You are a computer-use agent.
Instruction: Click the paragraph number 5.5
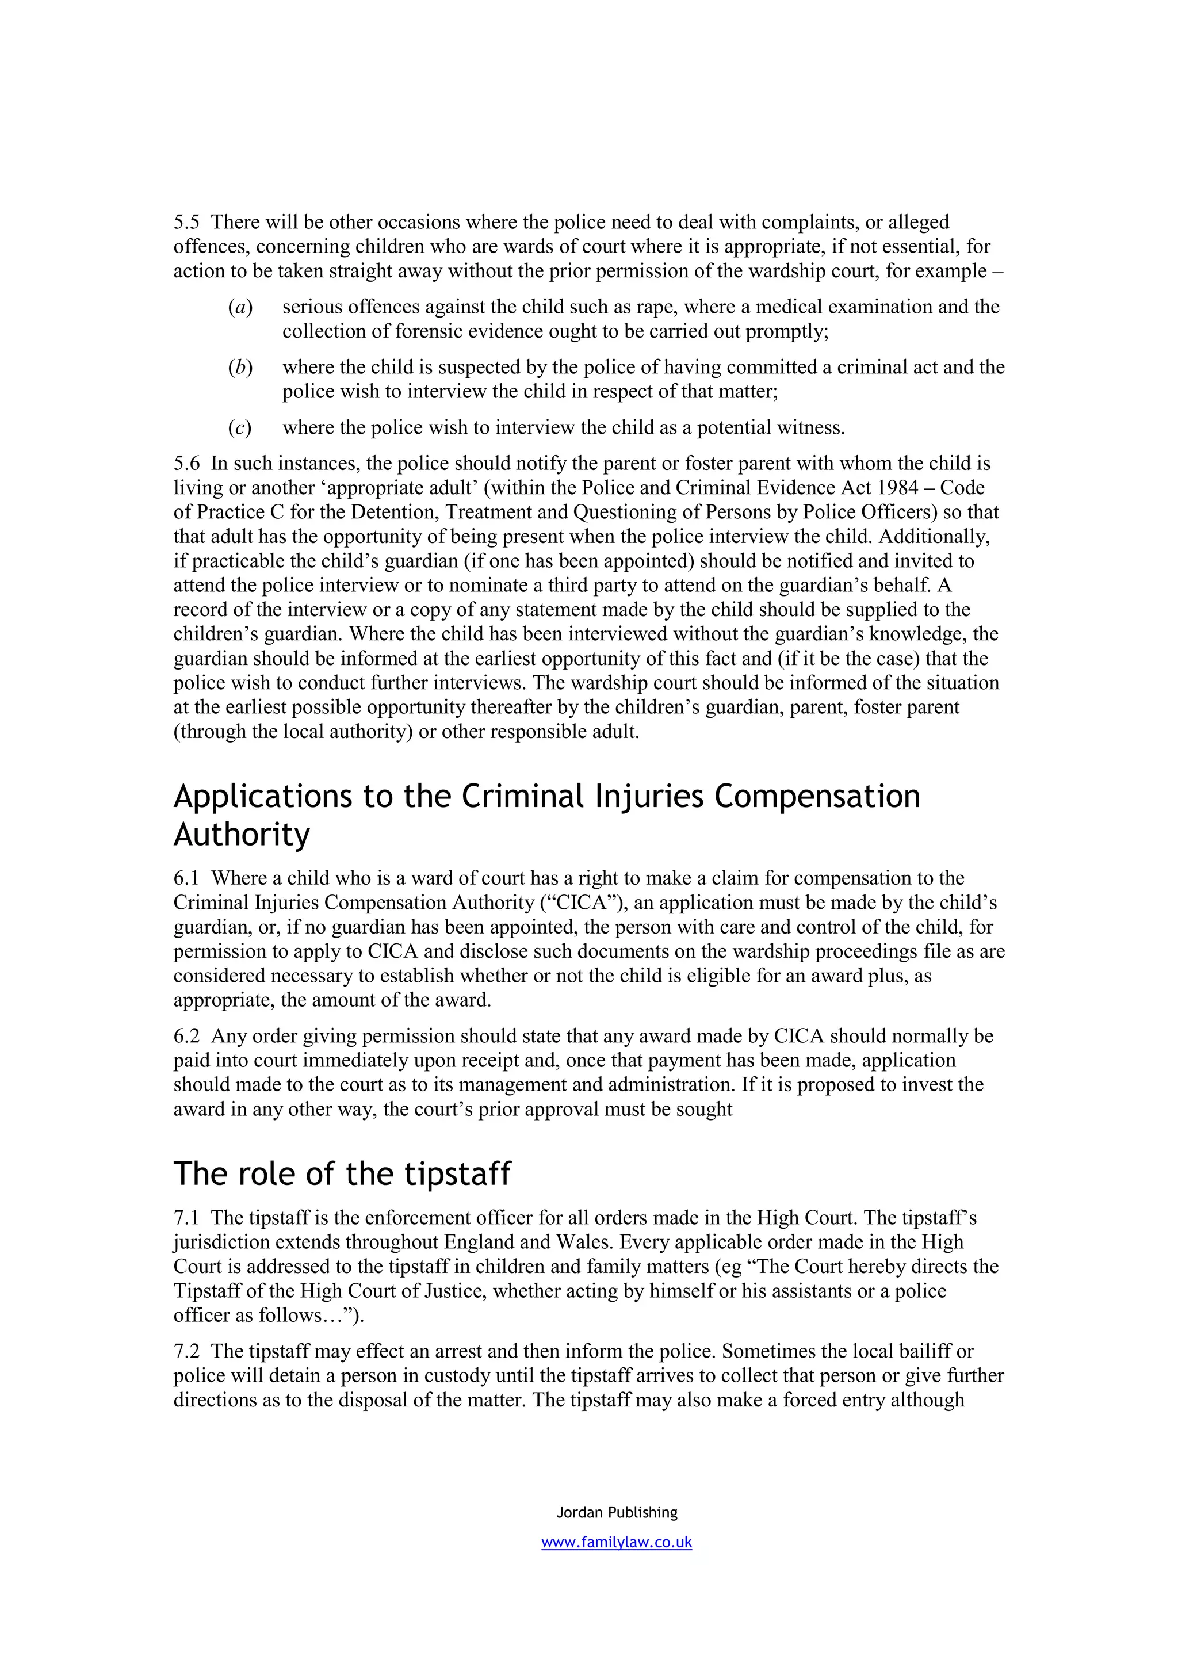186,222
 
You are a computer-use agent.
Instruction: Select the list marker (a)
240,307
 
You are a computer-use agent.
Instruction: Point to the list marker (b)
240,368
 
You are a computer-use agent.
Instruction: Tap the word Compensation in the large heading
817,797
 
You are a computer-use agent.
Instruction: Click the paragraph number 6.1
186,878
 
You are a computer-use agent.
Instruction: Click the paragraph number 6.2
186,1036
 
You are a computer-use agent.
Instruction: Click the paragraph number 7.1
186,1218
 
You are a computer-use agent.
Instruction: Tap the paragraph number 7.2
186,1351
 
